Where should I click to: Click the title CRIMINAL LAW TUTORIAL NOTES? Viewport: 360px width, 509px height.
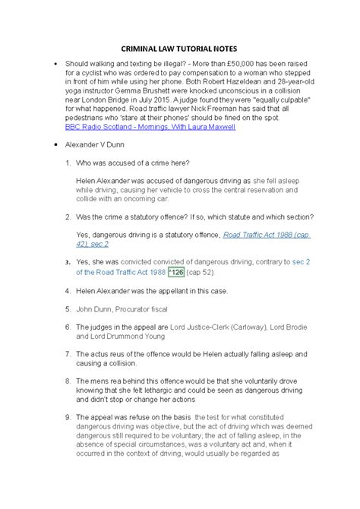[x=179, y=47]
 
